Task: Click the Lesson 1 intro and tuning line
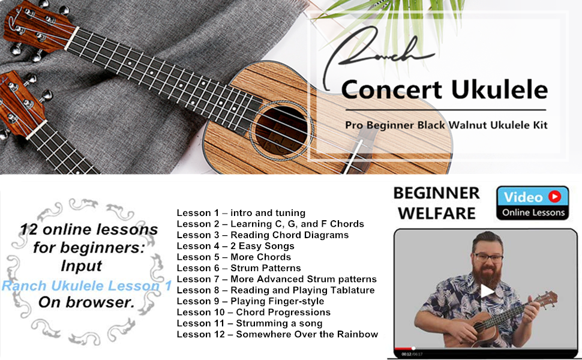[x=241, y=213]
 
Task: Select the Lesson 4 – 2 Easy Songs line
[x=235, y=246]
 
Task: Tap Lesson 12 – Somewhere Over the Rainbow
[x=277, y=334]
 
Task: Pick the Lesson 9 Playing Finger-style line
[x=250, y=301]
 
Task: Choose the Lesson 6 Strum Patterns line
[x=239, y=268]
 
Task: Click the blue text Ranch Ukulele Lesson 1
[x=86, y=286]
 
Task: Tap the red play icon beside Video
[x=555, y=196]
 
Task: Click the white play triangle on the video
[x=487, y=291]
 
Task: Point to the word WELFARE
[x=437, y=214]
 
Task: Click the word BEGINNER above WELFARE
[x=437, y=193]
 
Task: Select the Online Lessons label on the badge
[x=533, y=212]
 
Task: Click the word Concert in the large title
[x=392, y=90]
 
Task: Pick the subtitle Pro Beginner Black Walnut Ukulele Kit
[x=446, y=125]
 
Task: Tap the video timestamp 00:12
[x=406, y=355]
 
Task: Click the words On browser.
[x=86, y=302]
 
